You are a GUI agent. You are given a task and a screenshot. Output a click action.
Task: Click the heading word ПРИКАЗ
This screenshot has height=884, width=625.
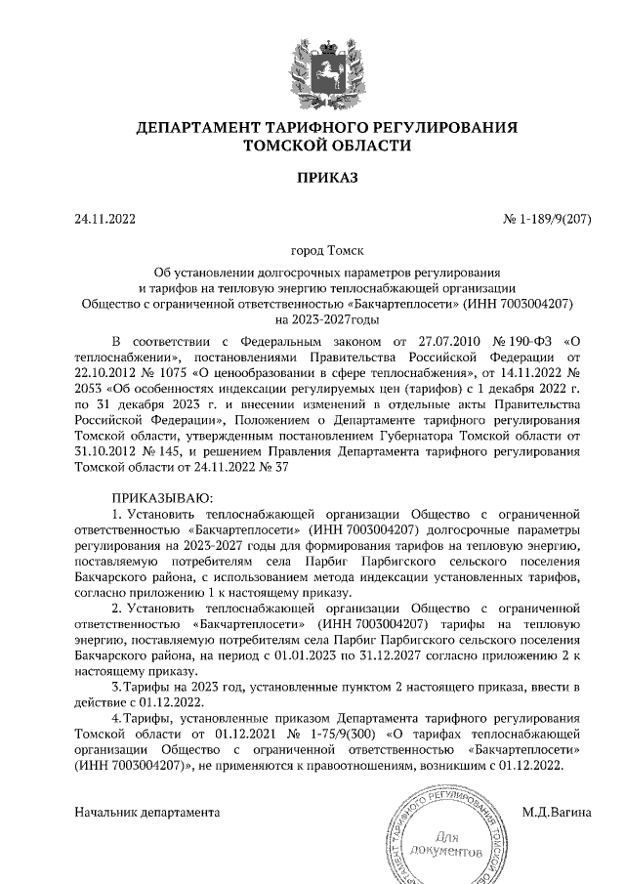coord(327,178)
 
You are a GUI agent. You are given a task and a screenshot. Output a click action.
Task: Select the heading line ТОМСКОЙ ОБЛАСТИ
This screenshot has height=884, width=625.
coord(327,145)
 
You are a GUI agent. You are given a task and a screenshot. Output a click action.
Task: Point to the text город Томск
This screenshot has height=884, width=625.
coord(327,251)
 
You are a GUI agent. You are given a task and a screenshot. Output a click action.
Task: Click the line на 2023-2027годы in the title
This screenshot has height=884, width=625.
coord(327,318)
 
